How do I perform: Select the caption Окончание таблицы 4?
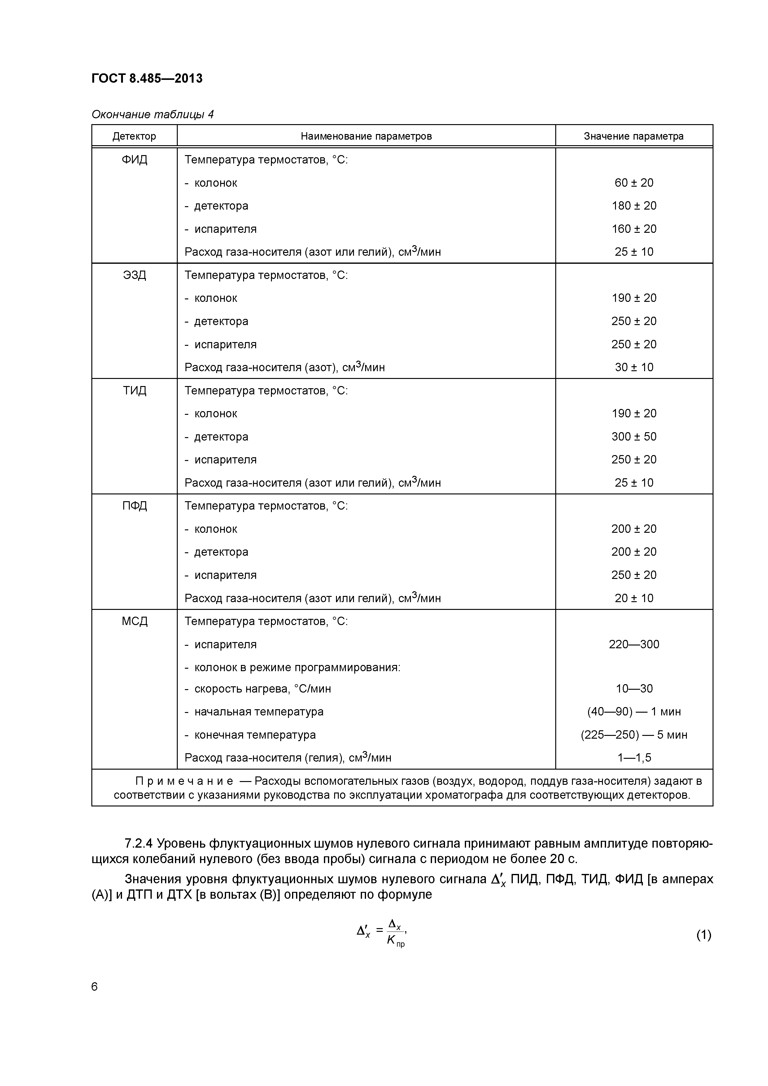click(152, 115)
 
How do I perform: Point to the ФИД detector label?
click(134, 160)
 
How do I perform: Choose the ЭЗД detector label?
click(134, 275)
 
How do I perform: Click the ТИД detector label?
click(134, 391)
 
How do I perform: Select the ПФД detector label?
click(134, 506)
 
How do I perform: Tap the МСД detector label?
click(134, 622)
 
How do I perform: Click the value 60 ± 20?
click(634, 183)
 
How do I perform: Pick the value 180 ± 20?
click(634, 206)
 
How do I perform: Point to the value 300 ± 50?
click(634, 437)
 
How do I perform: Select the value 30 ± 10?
click(634, 367)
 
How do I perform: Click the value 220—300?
click(634, 645)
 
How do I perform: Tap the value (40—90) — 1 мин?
click(634, 712)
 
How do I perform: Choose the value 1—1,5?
click(634, 758)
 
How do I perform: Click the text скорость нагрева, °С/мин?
click(263, 689)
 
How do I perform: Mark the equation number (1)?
click(703, 935)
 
